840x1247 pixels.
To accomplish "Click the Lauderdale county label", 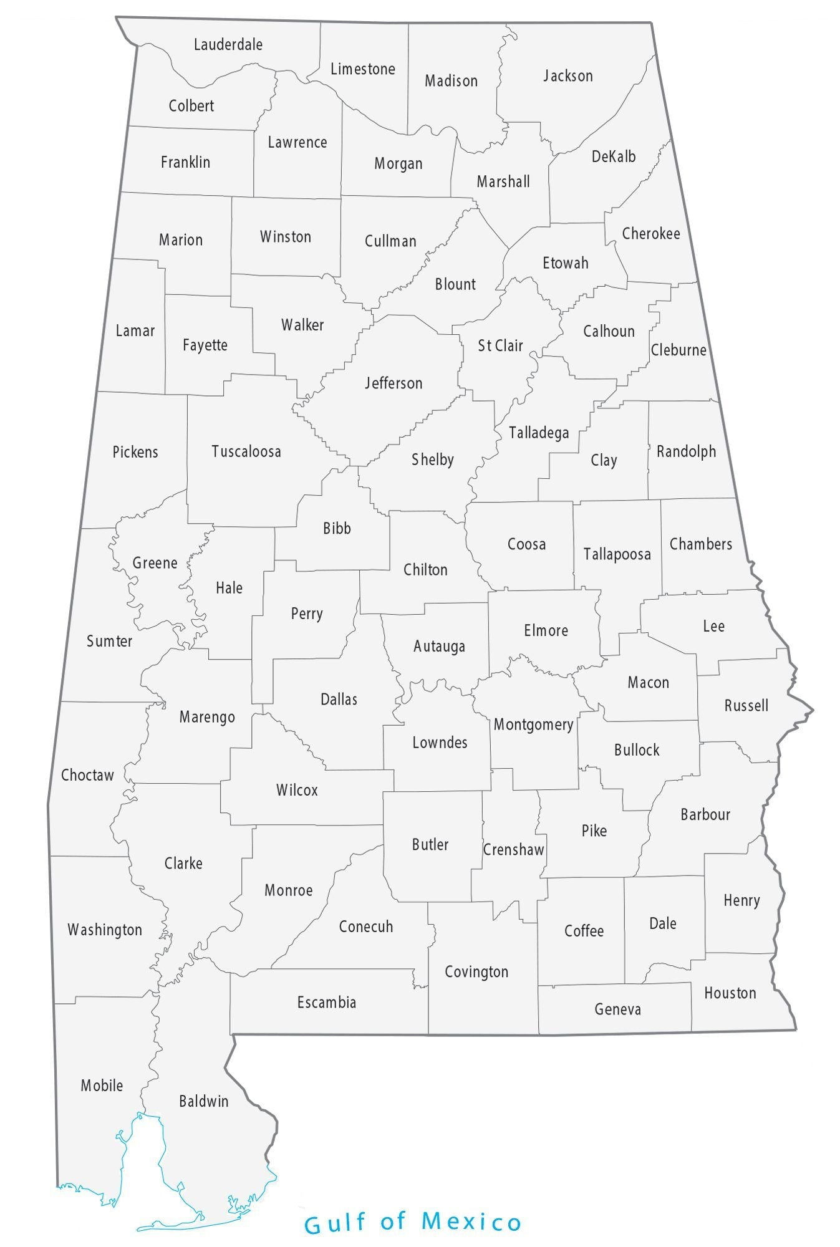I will point(228,45).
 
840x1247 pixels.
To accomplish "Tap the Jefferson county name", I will point(393,383).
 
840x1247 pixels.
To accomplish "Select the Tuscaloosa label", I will point(246,451).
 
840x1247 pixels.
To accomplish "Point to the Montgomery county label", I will point(533,725).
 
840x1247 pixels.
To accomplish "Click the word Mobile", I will point(102,1086).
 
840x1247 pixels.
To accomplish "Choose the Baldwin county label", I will point(204,1101).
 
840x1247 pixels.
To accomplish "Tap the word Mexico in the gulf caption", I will point(471,1222).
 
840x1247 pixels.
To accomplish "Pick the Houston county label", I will point(730,993).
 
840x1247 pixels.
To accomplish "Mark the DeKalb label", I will point(614,156).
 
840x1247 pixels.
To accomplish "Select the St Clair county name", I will point(500,345).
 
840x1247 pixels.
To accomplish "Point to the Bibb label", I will point(337,528).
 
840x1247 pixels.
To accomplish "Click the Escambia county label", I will point(326,1003).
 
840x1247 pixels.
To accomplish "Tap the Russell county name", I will point(746,706).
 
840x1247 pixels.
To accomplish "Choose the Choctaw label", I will point(87,775).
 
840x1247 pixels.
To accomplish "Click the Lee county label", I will point(713,626).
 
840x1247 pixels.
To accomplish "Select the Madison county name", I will point(451,80).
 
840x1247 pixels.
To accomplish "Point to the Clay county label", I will point(604,460).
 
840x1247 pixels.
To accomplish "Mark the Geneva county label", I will point(617,1009).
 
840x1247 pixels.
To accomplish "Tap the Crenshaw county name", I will point(513,849).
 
